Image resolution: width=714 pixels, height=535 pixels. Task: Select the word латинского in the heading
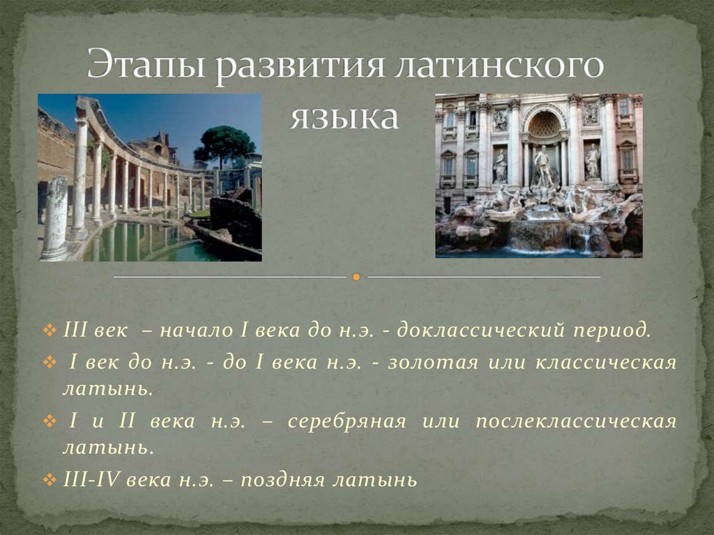click(496, 67)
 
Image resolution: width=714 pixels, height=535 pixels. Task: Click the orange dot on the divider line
click(356, 277)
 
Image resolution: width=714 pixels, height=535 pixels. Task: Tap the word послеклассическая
click(576, 423)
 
